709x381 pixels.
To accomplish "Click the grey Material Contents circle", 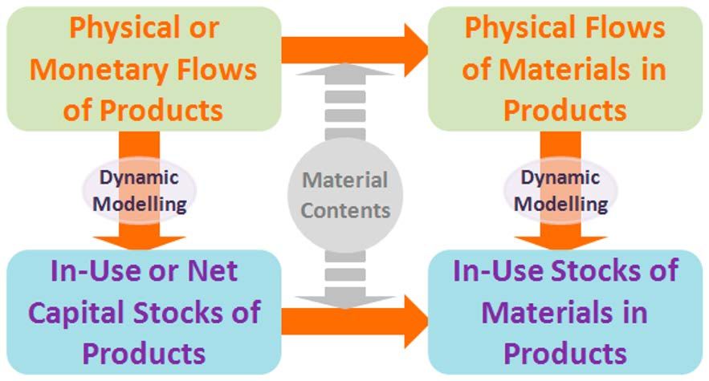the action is (x=345, y=195).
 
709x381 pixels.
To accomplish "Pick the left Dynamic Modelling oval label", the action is (x=139, y=191).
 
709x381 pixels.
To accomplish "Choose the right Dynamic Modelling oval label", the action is (x=560, y=191).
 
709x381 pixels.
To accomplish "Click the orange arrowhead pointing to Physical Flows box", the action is (x=416, y=51).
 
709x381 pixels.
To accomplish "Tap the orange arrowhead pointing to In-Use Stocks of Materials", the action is (x=416, y=322).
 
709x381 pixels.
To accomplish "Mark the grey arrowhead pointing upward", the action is (x=345, y=69).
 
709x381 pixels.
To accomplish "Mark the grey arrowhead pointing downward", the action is (x=345, y=302).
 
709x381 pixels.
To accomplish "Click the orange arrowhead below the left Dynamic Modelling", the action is (x=139, y=243).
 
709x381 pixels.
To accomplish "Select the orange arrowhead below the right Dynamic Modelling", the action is (x=560, y=243).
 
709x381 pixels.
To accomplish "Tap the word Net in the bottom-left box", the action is (x=213, y=270).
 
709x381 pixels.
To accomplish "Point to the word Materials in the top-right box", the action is (x=564, y=70).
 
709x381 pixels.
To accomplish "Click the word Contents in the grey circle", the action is (x=345, y=211).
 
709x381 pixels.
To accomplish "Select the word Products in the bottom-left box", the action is (x=144, y=353).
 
